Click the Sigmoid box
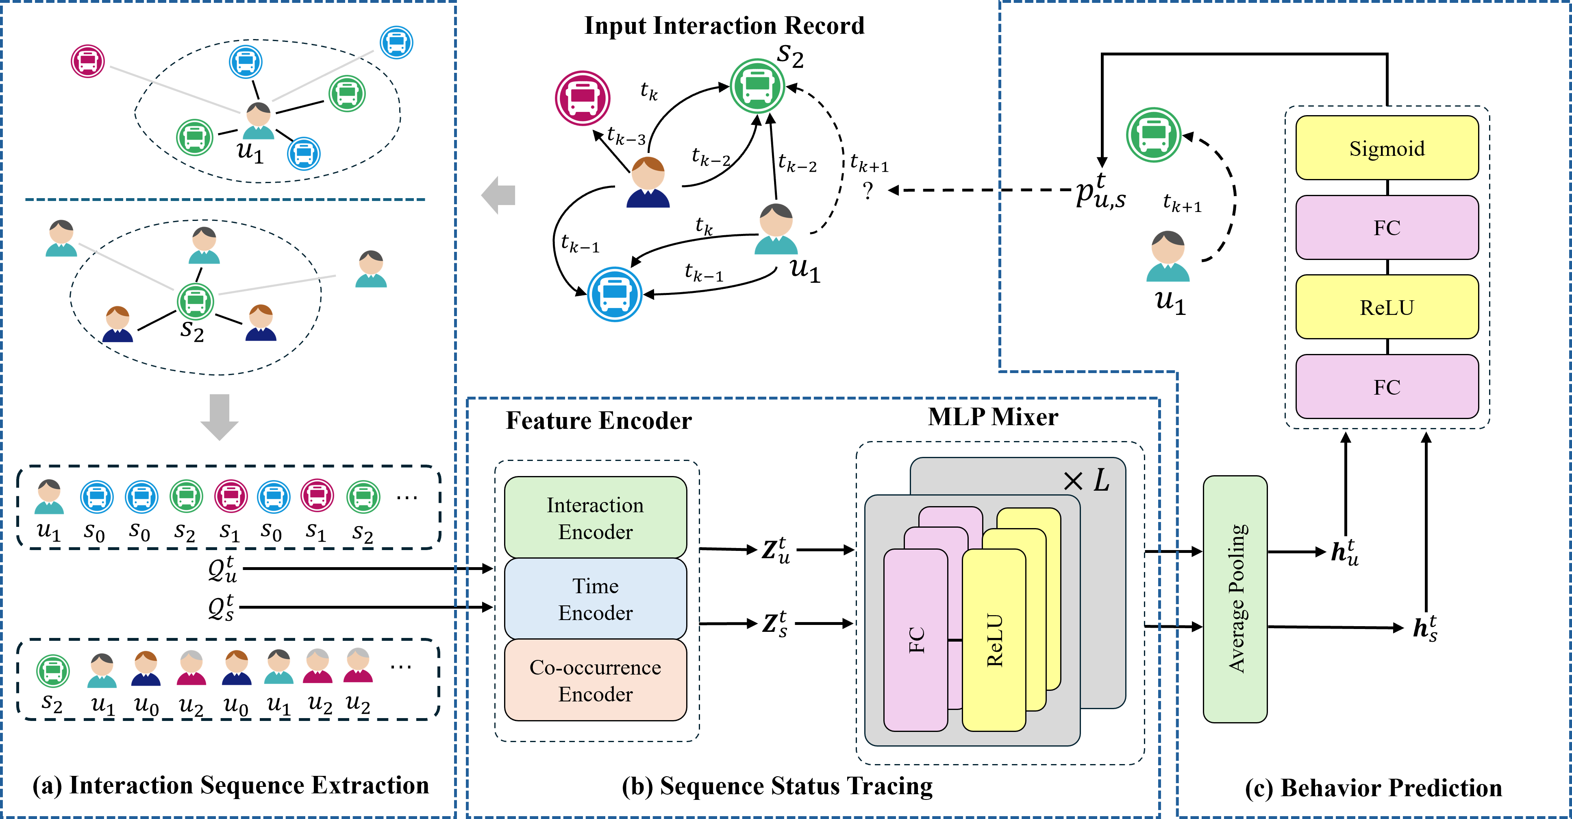1387,148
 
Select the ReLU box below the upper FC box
1387,307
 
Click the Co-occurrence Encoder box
595,680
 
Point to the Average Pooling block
1235,598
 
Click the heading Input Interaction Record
724,26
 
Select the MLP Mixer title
993,417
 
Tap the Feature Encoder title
599,420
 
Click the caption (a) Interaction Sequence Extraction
230,785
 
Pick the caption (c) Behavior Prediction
1373,788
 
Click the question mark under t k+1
868,191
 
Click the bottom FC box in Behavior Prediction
1387,387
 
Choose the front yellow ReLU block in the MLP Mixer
994,640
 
